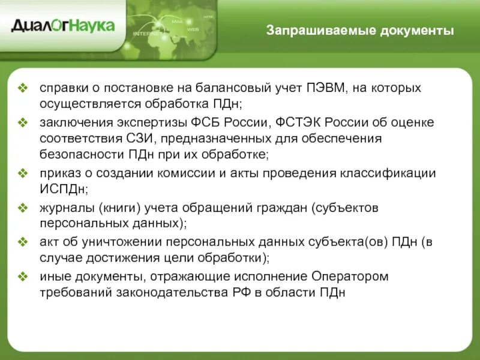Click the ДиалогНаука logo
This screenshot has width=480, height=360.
pyautogui.click(x=62, y=26)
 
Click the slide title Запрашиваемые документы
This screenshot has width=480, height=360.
pyautogui.click(x=360, y=31)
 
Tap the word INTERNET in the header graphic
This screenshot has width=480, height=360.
pyautogui.click(x=147, y=34)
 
